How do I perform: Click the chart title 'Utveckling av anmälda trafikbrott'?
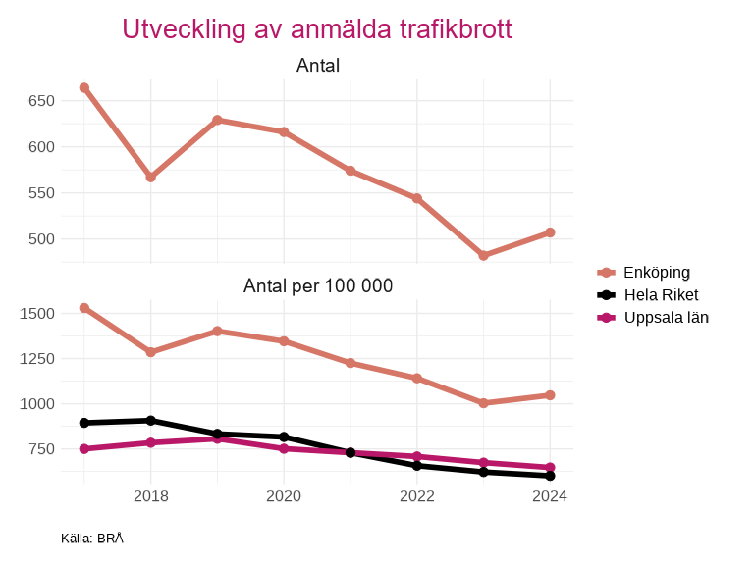pyautogui.click(x=317, y=28)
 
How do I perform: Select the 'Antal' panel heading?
pyautogui.click(x=317, y=66)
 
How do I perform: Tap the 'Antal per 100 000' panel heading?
pyautogui.click(x=317, y=286)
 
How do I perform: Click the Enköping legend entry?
pyautogui.click(x=657, y=272)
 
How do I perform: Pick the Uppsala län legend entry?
pyautogui.click(x=666, y=317)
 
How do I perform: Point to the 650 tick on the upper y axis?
pyautogui.click(x=40, y=101)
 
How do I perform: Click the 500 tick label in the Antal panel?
pyautogui.click(x=40, y=239)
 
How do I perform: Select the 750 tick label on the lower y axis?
pyautogui.click(x=40, y=449)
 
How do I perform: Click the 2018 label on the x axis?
pyautogui.click(x=151, y=496)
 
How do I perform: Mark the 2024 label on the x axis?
pyautogui.click(x=550, y=496)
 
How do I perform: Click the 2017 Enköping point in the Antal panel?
pyautogui.click(x=84, y=87)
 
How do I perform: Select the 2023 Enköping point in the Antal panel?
pyautogui.click(x=483, y=255)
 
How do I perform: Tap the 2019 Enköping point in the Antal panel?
pyautogui.click(x=217, y=120)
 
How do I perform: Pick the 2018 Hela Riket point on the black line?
pyautogui.click(x=151, y=421)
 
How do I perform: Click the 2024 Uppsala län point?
pyautogui.click(x=550, y=467)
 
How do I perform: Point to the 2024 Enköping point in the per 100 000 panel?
pyautogui.click(x=550, y=395)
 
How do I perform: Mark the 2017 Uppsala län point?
pyautogui.click(x=84, y=448)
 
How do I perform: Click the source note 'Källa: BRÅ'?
pyautogui.click(x=92, y=539)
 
